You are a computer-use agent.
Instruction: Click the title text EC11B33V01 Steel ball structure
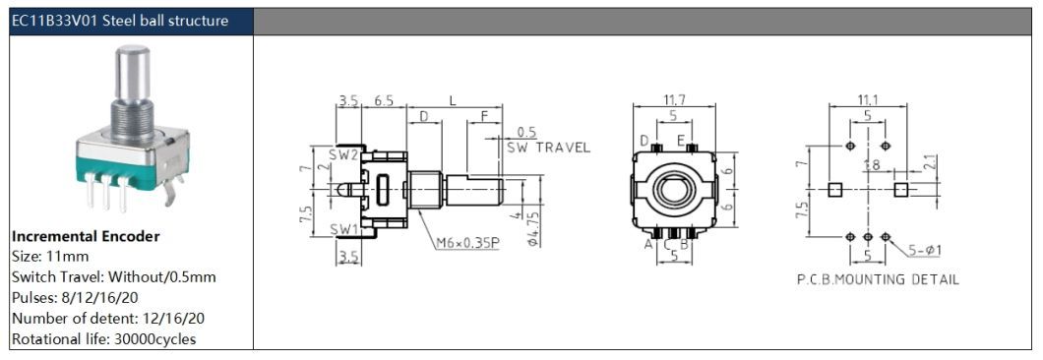pyautogui.click(x=120, y=21)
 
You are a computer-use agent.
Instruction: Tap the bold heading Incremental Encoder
pyautogui.click(x=86, y=236)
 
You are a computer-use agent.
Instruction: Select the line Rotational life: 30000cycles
pyautogui.click(x=103, y=338)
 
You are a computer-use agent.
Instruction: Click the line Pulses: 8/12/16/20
pyautogui.click(x=75, y=297)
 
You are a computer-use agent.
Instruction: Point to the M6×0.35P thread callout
pyautogui.click(x=467, y=244)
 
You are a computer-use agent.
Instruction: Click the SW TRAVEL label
pyautogui.click(x=549, y=148)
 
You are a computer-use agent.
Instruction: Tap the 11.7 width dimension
pyautogui.click(x=674, y=99)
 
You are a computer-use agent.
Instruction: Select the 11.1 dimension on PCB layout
pyautogui.click(x=868, y=99)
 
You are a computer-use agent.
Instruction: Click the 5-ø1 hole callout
pyautogui.click(x=925, y=251)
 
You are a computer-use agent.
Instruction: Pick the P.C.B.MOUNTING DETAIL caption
pyautogui.click(x=878, y=279)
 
